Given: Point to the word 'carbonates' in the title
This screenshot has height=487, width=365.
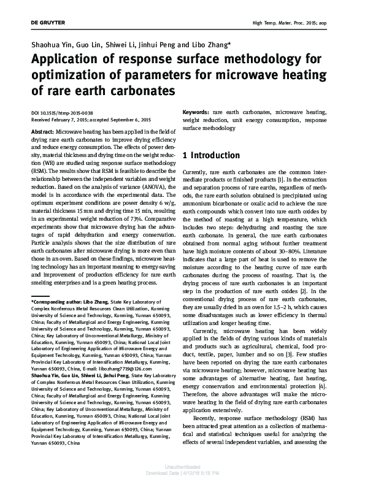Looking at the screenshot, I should click(x=136, y=91).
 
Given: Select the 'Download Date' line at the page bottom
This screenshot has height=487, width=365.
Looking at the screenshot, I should click(x=182, y=478).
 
